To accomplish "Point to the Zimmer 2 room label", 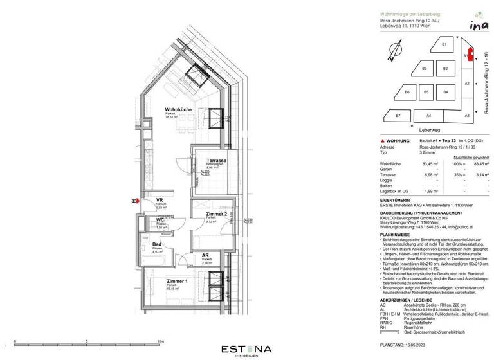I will click(x=216, y=213).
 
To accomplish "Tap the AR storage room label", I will click(x=187, y=256).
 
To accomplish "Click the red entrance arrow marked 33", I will click(x=136, y=202).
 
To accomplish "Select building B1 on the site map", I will click(x=444, y=44).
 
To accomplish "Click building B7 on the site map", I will click(x=398, y=115).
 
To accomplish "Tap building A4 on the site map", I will click(x=428, y=115).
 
